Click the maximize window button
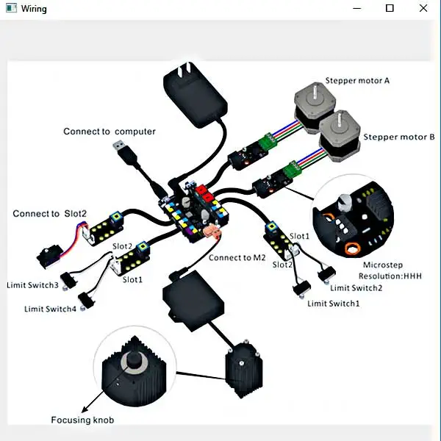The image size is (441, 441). pos(390,8)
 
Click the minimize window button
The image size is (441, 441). pos(356,8)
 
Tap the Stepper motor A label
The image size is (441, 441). pos(357,81)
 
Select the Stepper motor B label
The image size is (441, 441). pos(399,137)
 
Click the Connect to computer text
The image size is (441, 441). pos(110,132)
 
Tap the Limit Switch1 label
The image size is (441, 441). pos(334,304)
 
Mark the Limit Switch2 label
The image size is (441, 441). pos(356,288)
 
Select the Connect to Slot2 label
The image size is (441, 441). pos(49,214)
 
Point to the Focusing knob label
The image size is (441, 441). pos(82,420)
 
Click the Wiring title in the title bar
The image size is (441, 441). pos(34,8)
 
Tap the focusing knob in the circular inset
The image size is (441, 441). pos(133,361)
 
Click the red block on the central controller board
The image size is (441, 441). pos(205,196)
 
